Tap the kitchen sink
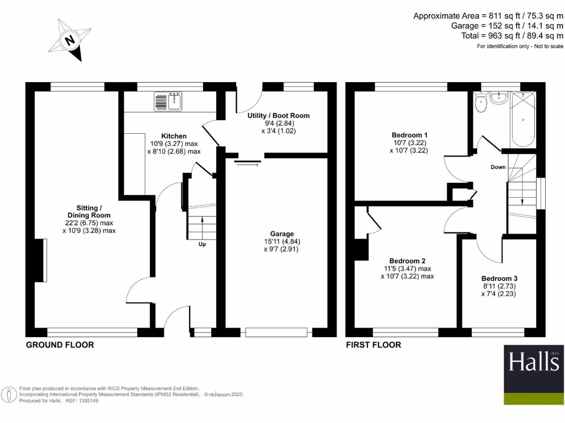169,102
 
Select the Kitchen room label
174,136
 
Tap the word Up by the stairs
202,245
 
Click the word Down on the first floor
498,167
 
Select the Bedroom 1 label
409,135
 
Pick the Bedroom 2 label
407,261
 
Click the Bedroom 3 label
499,279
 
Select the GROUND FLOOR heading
60,345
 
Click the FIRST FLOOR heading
373,345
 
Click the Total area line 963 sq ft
513,36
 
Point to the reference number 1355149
86,400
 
